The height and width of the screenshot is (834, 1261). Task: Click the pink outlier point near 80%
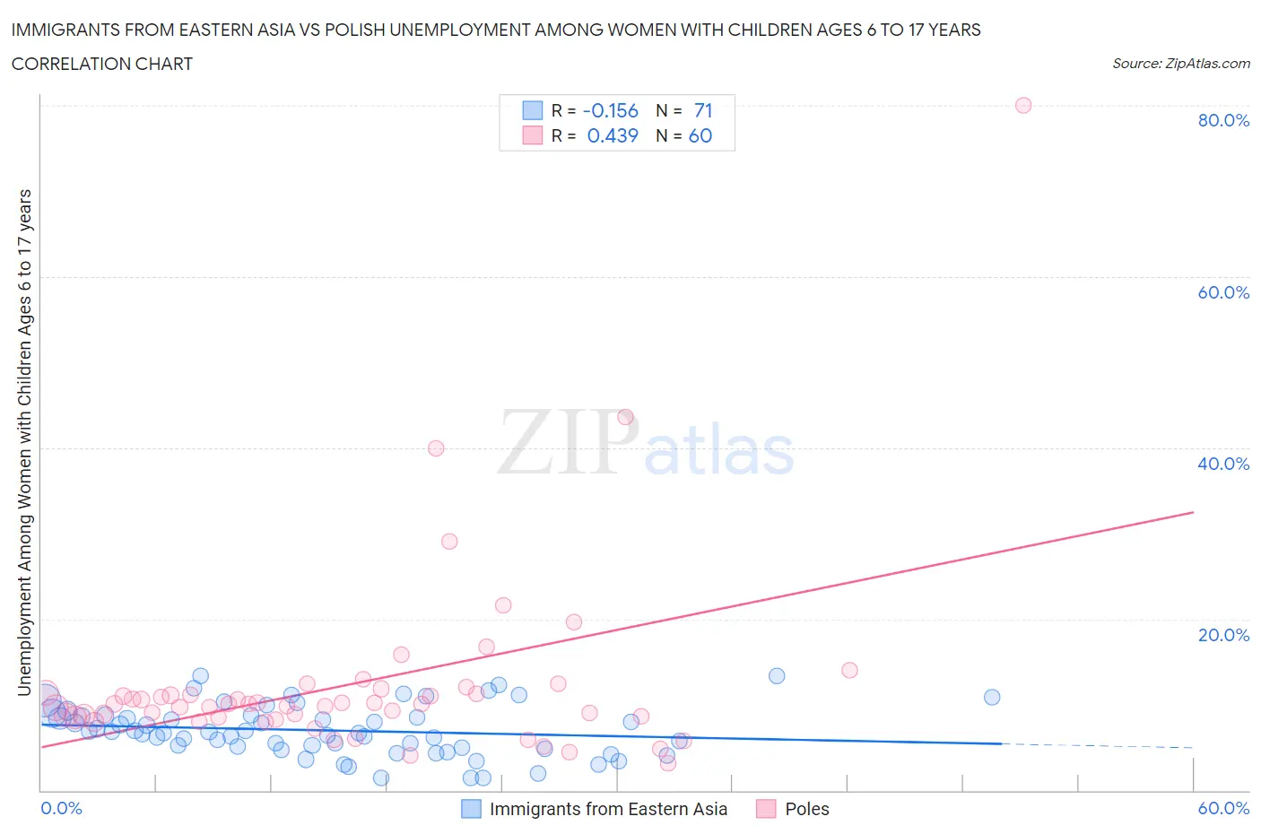(1022, 105)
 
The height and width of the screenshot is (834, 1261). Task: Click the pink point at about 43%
(625, 417)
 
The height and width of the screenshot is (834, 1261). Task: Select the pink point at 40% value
(436, 448)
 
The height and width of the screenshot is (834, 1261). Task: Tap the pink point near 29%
(449, 541)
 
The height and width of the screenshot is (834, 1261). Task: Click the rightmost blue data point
(991, 697)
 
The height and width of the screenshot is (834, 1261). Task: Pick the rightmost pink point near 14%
(849, 670)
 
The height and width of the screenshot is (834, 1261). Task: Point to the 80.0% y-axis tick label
(1223, 120)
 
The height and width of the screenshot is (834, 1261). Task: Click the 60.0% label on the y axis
(1223, 292)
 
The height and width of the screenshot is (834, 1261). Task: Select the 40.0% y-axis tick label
(1223, 464)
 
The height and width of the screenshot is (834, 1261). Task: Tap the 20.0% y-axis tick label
(1223, 635)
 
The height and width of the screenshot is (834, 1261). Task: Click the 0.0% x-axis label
(61, 808)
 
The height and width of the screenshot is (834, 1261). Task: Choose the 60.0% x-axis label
(1223, 808)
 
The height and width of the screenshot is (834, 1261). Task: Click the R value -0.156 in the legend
(610, 110)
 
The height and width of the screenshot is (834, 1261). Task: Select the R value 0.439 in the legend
(613, 135)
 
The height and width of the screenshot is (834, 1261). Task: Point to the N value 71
(703, 110)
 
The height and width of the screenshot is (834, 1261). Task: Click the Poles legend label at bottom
(806, 809)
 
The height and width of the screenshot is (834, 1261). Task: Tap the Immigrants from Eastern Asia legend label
(608, 809)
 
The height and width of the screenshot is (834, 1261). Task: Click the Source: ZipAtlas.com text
(1180, 63)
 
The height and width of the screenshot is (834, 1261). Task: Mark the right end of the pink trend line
(1193, 512)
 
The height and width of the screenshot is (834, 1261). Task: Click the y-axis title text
(24, 442)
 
